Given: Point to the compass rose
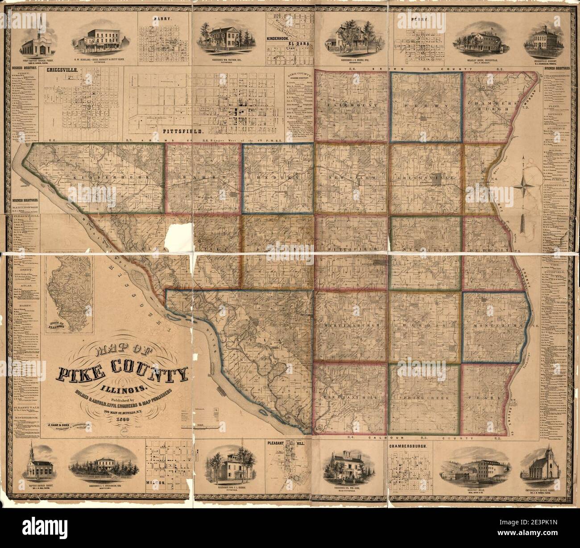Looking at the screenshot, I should [x=526, y=184].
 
